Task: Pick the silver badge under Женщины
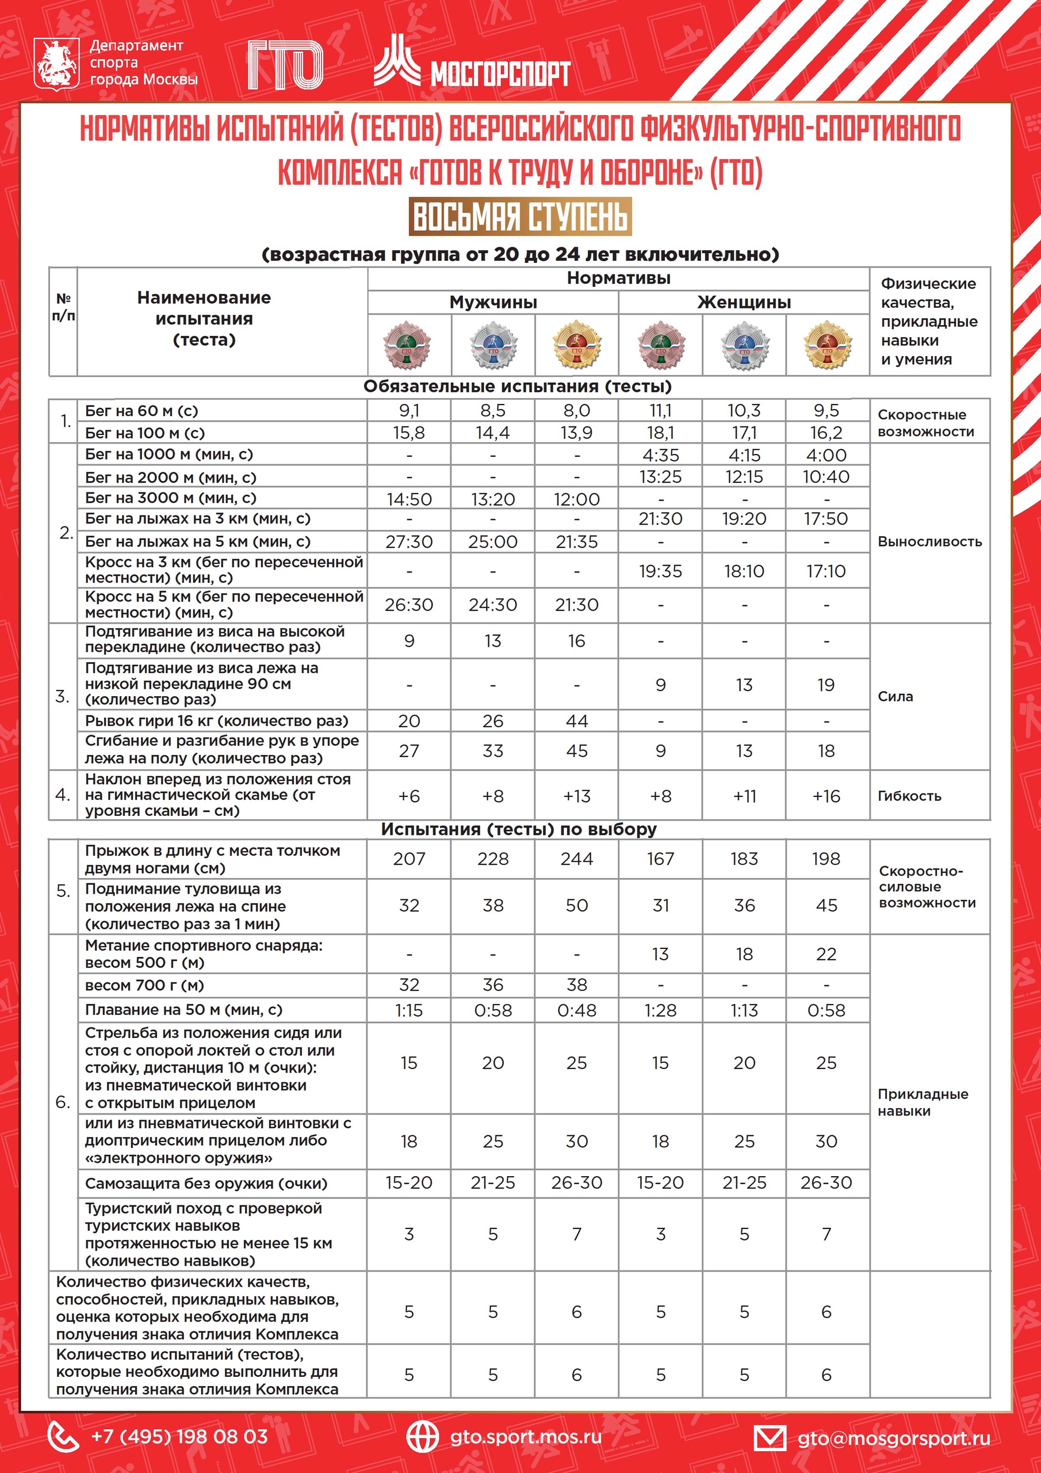(x=744, y=345)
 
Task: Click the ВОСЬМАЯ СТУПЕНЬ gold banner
(x=520, y=216)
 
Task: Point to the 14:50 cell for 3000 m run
(x=409, y=499)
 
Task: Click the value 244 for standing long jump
(x=577, y=859)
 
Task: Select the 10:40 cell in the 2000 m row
(x=826, y=476)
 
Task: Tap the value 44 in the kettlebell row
(x=577, y=721)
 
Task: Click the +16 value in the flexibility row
(x=826, y=796)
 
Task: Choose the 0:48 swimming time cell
(x=577, y=1010)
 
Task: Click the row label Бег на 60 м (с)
(x=141, y=411)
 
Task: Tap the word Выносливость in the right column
(x=929, y=541)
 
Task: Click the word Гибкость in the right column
(x=909, y=796)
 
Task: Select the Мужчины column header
(x=492, y=302)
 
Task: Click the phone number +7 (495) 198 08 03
(x=179, y=1436)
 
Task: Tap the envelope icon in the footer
(x=769, y=1438)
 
